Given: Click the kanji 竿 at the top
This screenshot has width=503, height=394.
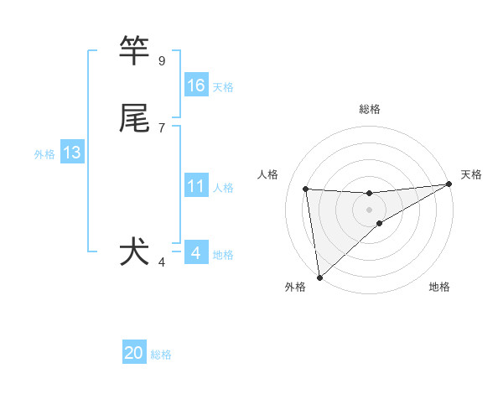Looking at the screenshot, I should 135,51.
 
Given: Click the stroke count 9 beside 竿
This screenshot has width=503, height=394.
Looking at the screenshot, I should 162,61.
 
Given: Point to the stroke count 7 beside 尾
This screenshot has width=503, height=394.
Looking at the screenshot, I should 162,127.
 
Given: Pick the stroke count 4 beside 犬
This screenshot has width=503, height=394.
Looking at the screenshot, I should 162,262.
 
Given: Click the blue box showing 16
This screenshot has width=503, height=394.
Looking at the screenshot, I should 196,86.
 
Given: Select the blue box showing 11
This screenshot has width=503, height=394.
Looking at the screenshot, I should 196,186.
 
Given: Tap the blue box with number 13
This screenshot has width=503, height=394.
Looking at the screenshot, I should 72,153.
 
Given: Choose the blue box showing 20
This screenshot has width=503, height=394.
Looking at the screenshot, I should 134,353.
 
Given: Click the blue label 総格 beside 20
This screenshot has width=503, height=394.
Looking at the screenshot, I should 161,355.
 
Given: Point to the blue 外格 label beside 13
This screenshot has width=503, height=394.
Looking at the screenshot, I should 44,154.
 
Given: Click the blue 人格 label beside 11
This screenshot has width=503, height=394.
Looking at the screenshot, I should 223,188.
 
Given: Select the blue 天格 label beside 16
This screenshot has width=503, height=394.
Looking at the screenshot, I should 223,87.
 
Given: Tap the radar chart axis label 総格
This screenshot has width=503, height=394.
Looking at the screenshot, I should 369,109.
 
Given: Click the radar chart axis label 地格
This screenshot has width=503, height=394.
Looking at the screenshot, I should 439,287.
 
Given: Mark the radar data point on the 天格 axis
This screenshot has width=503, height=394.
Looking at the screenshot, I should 449,184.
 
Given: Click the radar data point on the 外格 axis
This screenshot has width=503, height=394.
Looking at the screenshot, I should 319,277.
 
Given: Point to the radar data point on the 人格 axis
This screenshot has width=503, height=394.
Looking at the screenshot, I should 305,189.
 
